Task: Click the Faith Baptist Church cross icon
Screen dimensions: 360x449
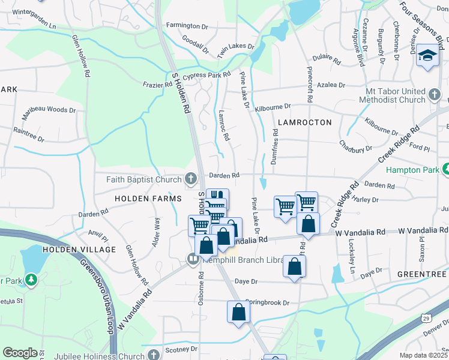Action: tap(190, 179)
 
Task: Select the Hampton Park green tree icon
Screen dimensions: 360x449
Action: tap(445, 170)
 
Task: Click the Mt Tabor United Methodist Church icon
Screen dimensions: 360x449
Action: tap(436, 95)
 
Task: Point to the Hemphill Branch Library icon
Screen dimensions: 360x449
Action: tap(193, 260)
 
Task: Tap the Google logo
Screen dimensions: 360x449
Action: tap(20, 353)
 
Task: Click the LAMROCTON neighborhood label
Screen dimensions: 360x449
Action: tap(304, 122)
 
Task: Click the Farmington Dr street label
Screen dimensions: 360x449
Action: tap(186, 26)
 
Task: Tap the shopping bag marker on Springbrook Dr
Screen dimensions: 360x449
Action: tap(238, 311)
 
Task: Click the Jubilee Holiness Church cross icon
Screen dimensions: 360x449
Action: tap(155, 355)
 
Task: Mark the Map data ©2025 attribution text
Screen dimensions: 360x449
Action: tap(424, 355)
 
